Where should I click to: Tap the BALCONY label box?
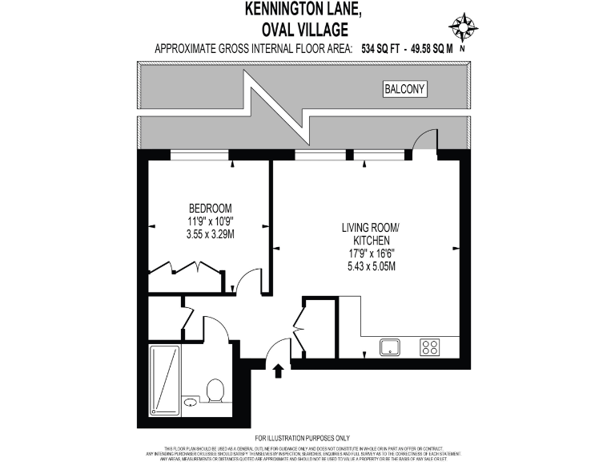pos(404,90)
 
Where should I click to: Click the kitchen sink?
pos(391,347)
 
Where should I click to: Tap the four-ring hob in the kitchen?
pos(430,347)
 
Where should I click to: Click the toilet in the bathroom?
pos(215,391)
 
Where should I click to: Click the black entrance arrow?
pos(278,371)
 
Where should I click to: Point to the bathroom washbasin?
pos(191,402)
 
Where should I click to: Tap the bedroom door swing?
pos(247,280)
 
